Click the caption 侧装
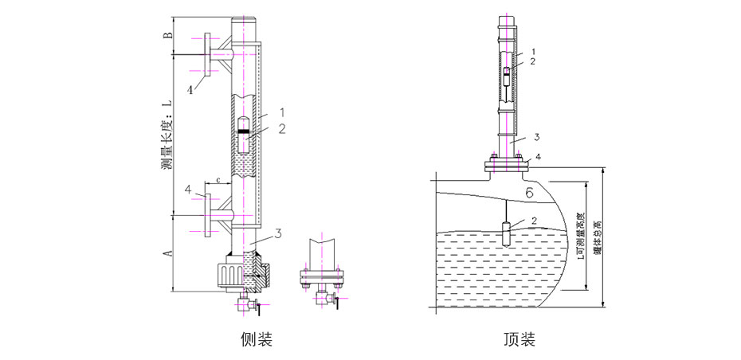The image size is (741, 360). click(x=257, y=340)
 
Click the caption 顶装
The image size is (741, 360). click(x=519, y=340)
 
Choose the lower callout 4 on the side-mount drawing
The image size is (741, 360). click(x=189, y=190)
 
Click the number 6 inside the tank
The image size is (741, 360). click(x=528, y=192)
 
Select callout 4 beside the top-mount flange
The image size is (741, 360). click(x=538, y=158)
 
